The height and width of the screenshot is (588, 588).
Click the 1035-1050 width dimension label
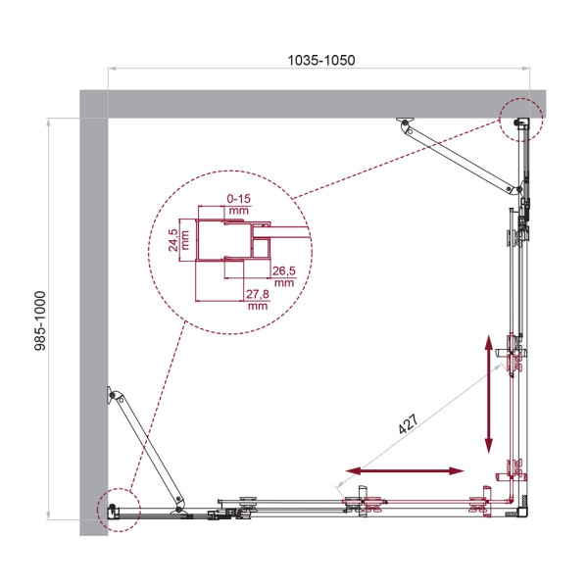pyautogui.click(x=320, y=60)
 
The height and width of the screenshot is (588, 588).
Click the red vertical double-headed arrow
pyautogui.click(x=488, y=393)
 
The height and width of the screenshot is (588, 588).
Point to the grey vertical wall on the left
pyautogui.click(x=92, y=323)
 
